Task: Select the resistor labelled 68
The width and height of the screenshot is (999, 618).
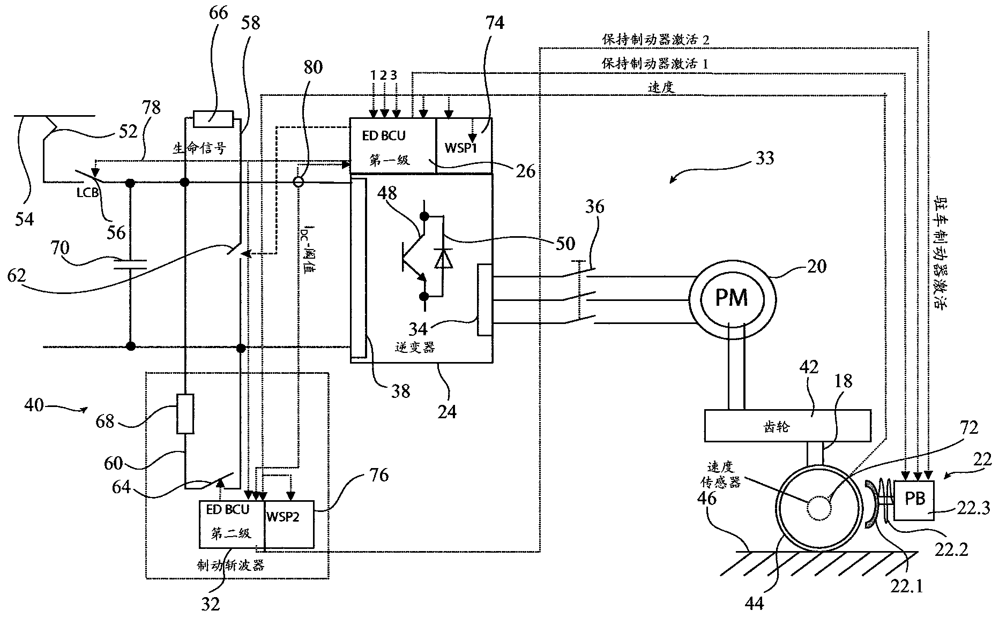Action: pos(185,413)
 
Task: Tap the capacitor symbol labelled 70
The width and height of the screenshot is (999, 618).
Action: pos(130,263)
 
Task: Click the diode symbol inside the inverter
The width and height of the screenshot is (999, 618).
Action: pos(443,259)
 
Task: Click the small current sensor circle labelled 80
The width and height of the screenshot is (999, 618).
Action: pos(299,182)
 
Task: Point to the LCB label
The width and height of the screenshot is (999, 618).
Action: pos(88,192)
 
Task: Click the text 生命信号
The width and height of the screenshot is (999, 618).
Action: pos(199,148)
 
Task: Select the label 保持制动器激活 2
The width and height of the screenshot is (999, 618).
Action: pos(655,40)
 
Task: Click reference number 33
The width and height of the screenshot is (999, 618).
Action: pos(765,159)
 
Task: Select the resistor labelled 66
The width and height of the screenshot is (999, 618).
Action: pos(213,118)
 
